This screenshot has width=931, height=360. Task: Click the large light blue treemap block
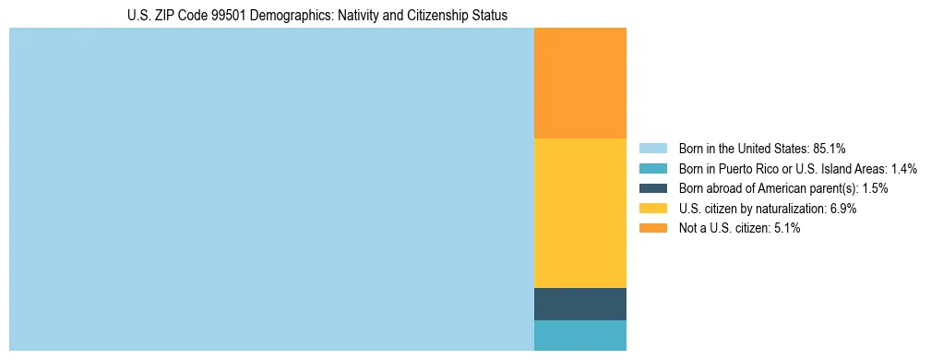coord(271,189)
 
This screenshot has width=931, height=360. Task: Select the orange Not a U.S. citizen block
coord(579,83)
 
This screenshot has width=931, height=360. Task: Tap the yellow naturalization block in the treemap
coord(579,212)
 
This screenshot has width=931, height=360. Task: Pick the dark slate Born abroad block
coord(579,304)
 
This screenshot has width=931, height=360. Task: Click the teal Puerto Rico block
coord(579,335)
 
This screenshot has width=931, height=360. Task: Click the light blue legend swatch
coord(652,149)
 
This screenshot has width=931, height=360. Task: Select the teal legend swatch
coord(652,169)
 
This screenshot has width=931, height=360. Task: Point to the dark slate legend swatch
coord(652,188)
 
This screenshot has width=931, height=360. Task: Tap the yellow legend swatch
coord(652,209)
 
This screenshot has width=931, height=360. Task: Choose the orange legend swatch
coord(652,228)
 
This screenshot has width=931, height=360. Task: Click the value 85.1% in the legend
coord(830,149)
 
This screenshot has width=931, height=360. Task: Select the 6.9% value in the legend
coord(843,209)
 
